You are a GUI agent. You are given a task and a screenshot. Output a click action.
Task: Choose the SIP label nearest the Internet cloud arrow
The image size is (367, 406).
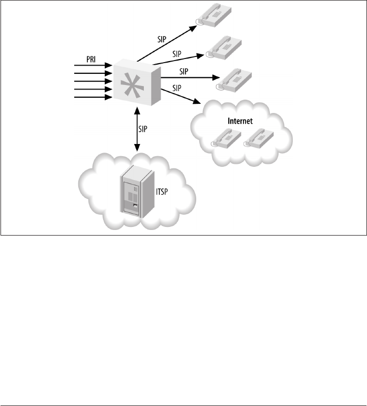coord(177,88)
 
